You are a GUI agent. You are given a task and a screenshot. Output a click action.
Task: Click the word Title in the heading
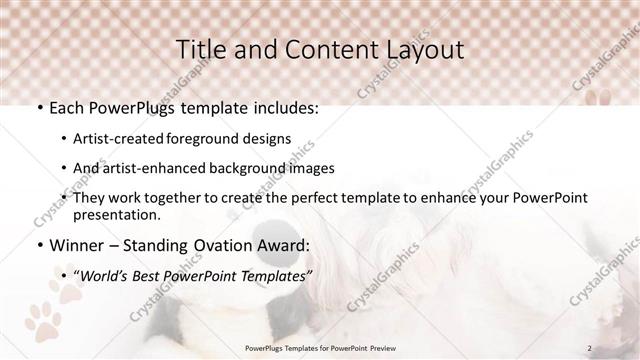pos(200,49)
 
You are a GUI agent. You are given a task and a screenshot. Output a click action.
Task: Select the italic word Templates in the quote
pos(271,276)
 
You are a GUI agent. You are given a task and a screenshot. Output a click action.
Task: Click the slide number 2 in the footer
pos(590,347)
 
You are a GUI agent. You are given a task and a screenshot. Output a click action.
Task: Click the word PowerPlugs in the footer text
pos(266,347)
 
